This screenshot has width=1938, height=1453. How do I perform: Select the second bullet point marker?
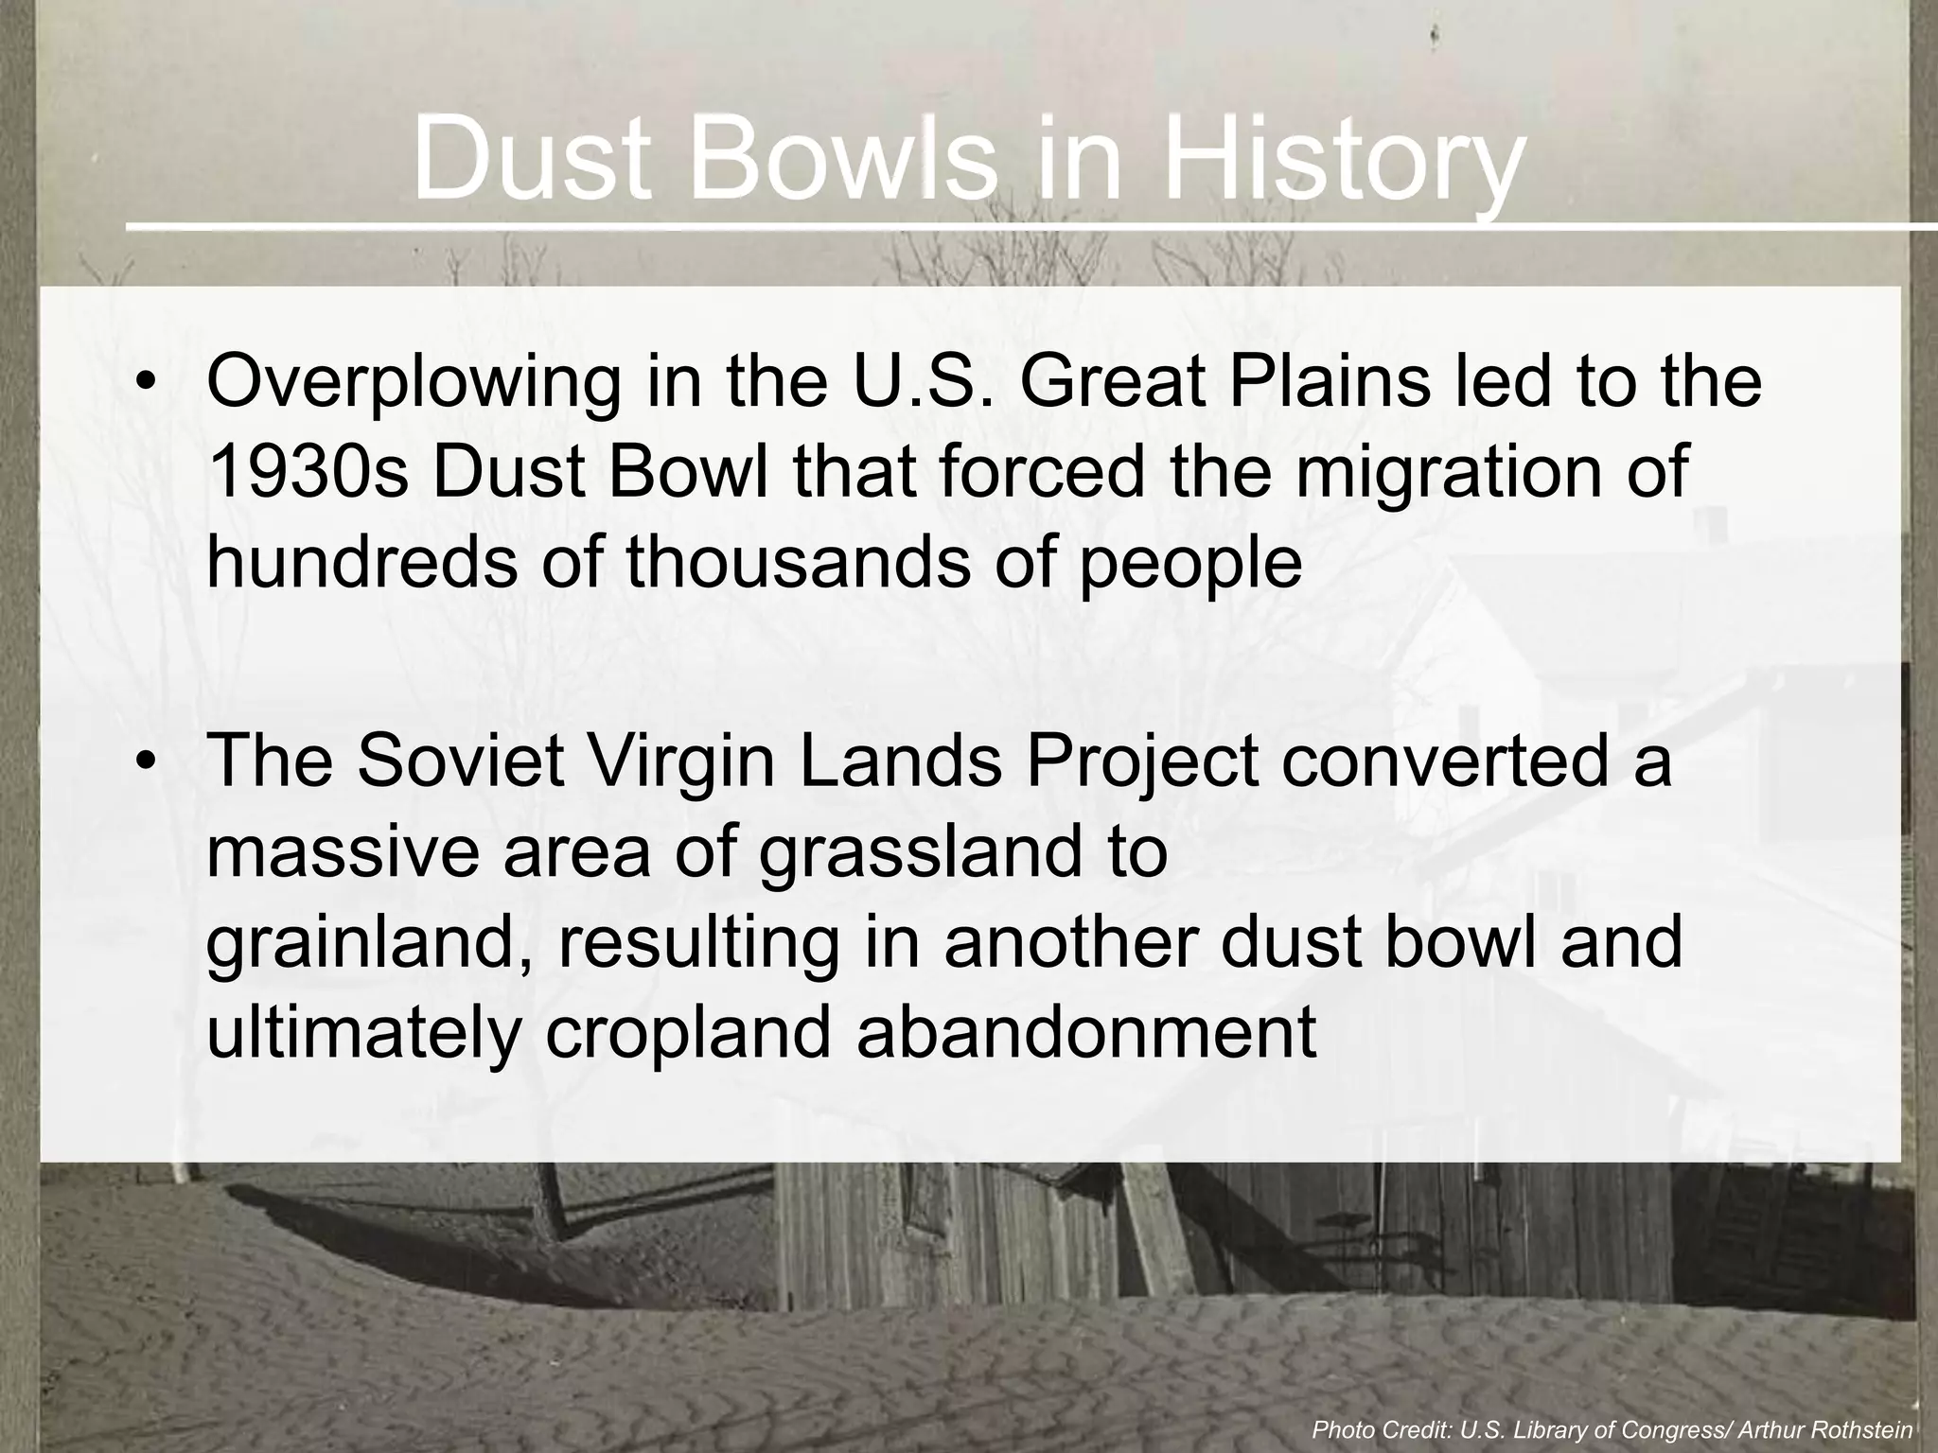(x=144, y=762)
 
